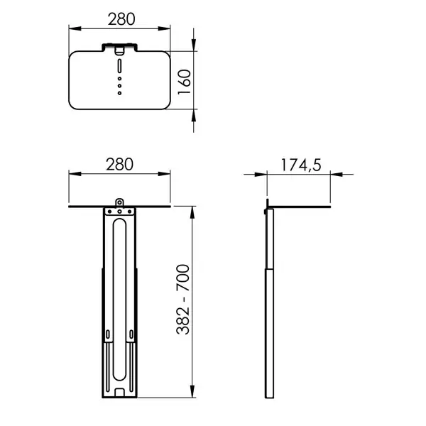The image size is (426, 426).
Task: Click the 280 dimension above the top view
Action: (x=119, y=20)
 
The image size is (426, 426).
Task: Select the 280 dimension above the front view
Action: (x=119, y=164)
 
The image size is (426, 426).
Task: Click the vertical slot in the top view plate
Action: (x=119, y=66)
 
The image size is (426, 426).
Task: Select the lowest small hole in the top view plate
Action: (x=119, y=91)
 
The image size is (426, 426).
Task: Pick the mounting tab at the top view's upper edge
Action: (x=119, y=48)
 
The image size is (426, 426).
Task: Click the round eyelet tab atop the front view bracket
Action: (x=119, y=202)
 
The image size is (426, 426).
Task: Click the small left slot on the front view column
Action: (x=106, y=335)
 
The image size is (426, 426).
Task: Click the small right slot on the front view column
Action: (x=132, y=335)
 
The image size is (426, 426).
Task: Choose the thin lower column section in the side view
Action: (x=268, y=334)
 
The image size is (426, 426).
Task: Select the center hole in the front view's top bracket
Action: (x=119, y=211)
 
